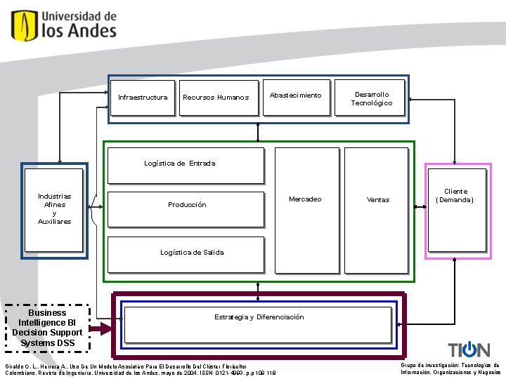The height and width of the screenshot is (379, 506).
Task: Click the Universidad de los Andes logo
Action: click(x=64, y=25)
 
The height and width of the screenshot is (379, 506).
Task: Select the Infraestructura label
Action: click(x=143, y=97)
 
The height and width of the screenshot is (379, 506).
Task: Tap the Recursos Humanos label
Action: click(x=216, y=98)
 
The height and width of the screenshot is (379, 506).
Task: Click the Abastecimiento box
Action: click(x=295, y=95)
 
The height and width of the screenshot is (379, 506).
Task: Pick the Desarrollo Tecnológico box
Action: click(x=372, y=99)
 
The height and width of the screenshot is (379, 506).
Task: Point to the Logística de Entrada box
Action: click(x=186, y=166)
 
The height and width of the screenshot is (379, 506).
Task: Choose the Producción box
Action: click(x=186, y=209)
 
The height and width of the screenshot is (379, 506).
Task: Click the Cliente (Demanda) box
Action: click(x=458, y=209)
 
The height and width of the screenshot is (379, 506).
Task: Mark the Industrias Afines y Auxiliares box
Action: click(x=54, y=210)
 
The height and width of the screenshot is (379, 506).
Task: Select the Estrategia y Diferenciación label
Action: click(x=259, y=317)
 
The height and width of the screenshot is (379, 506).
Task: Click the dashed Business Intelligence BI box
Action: click(x=47, y=328)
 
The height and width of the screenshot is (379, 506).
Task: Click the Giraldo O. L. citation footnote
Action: click(x=141, y=370)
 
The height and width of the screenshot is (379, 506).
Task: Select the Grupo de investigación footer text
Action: click(x=450, y=368)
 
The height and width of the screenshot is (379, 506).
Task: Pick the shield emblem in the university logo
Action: click(x=25, y=25)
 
